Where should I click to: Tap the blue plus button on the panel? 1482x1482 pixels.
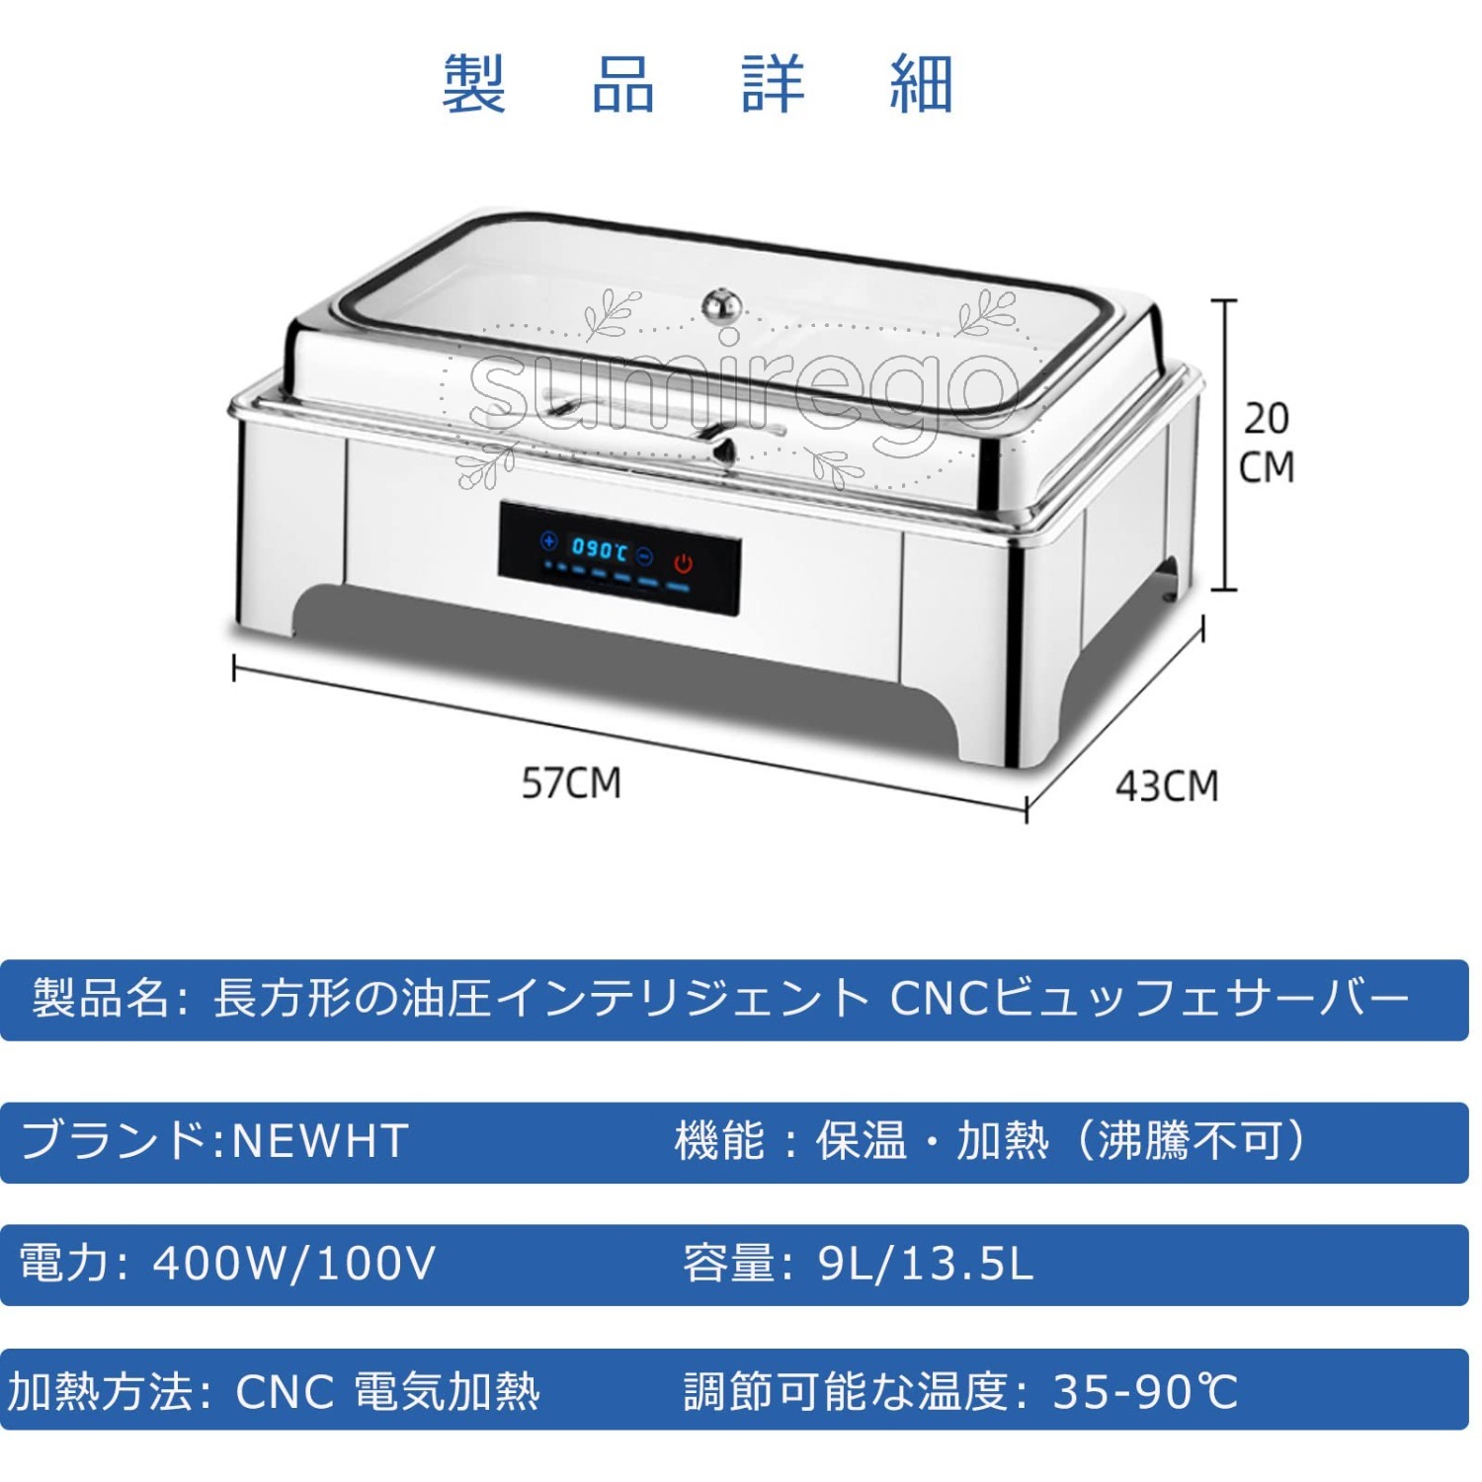coord(549,540)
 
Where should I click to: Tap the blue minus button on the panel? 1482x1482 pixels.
coord(644,557)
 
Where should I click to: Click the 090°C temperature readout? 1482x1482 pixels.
coord(600,548)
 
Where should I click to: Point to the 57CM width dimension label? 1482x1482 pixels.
coord(571,783)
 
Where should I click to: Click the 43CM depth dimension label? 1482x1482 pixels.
coord(1167,786)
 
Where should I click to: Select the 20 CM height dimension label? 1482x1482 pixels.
coord(1267,443)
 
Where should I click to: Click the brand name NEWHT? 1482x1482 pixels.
coord(319,1141)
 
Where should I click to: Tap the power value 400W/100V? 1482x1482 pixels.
coord(293,1264)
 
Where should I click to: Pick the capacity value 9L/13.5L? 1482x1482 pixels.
coord(926,1264)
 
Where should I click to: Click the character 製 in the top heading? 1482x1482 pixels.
coord(474,84)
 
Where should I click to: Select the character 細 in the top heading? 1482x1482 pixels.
coord(921,84)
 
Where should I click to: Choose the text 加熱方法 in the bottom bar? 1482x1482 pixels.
coord(100,1391)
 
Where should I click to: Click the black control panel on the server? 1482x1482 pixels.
coord(619,560)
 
